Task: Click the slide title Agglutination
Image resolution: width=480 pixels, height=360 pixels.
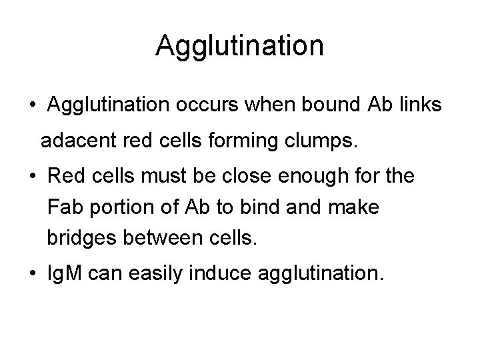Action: click(x=240, y=46)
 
